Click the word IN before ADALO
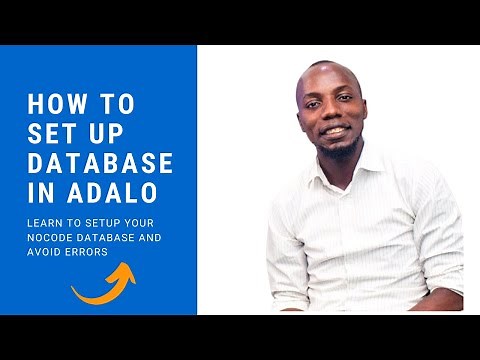click(42, 193)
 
